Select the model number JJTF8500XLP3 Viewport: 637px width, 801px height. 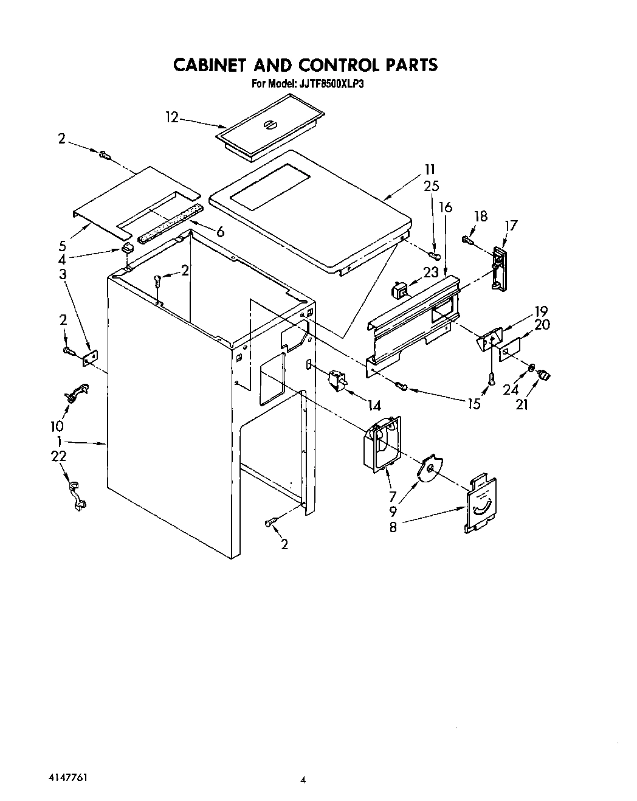click(331, 84)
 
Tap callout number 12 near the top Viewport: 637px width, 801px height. click(172, 117)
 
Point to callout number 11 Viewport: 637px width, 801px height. click(430, 170)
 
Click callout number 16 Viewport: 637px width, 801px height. click(446, 207)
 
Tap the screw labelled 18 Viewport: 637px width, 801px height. click(468, 240)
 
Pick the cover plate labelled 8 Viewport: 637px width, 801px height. click(481, 505)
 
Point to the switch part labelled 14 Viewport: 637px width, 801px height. click(336, 381)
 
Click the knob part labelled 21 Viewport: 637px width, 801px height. click(543, 376)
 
